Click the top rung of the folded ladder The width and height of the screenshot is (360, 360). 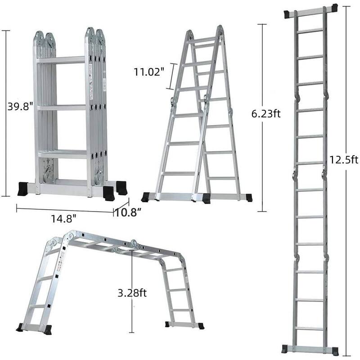point(61,59)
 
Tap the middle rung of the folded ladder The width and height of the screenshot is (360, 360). point(61,108)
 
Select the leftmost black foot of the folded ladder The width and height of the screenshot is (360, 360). point(23,189)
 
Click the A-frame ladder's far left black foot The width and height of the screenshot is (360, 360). point(146,197)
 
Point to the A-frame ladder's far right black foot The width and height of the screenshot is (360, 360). point(249,198)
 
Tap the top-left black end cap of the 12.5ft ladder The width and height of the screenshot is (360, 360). point(288,13)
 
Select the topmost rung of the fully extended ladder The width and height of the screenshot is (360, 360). point(310,30)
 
